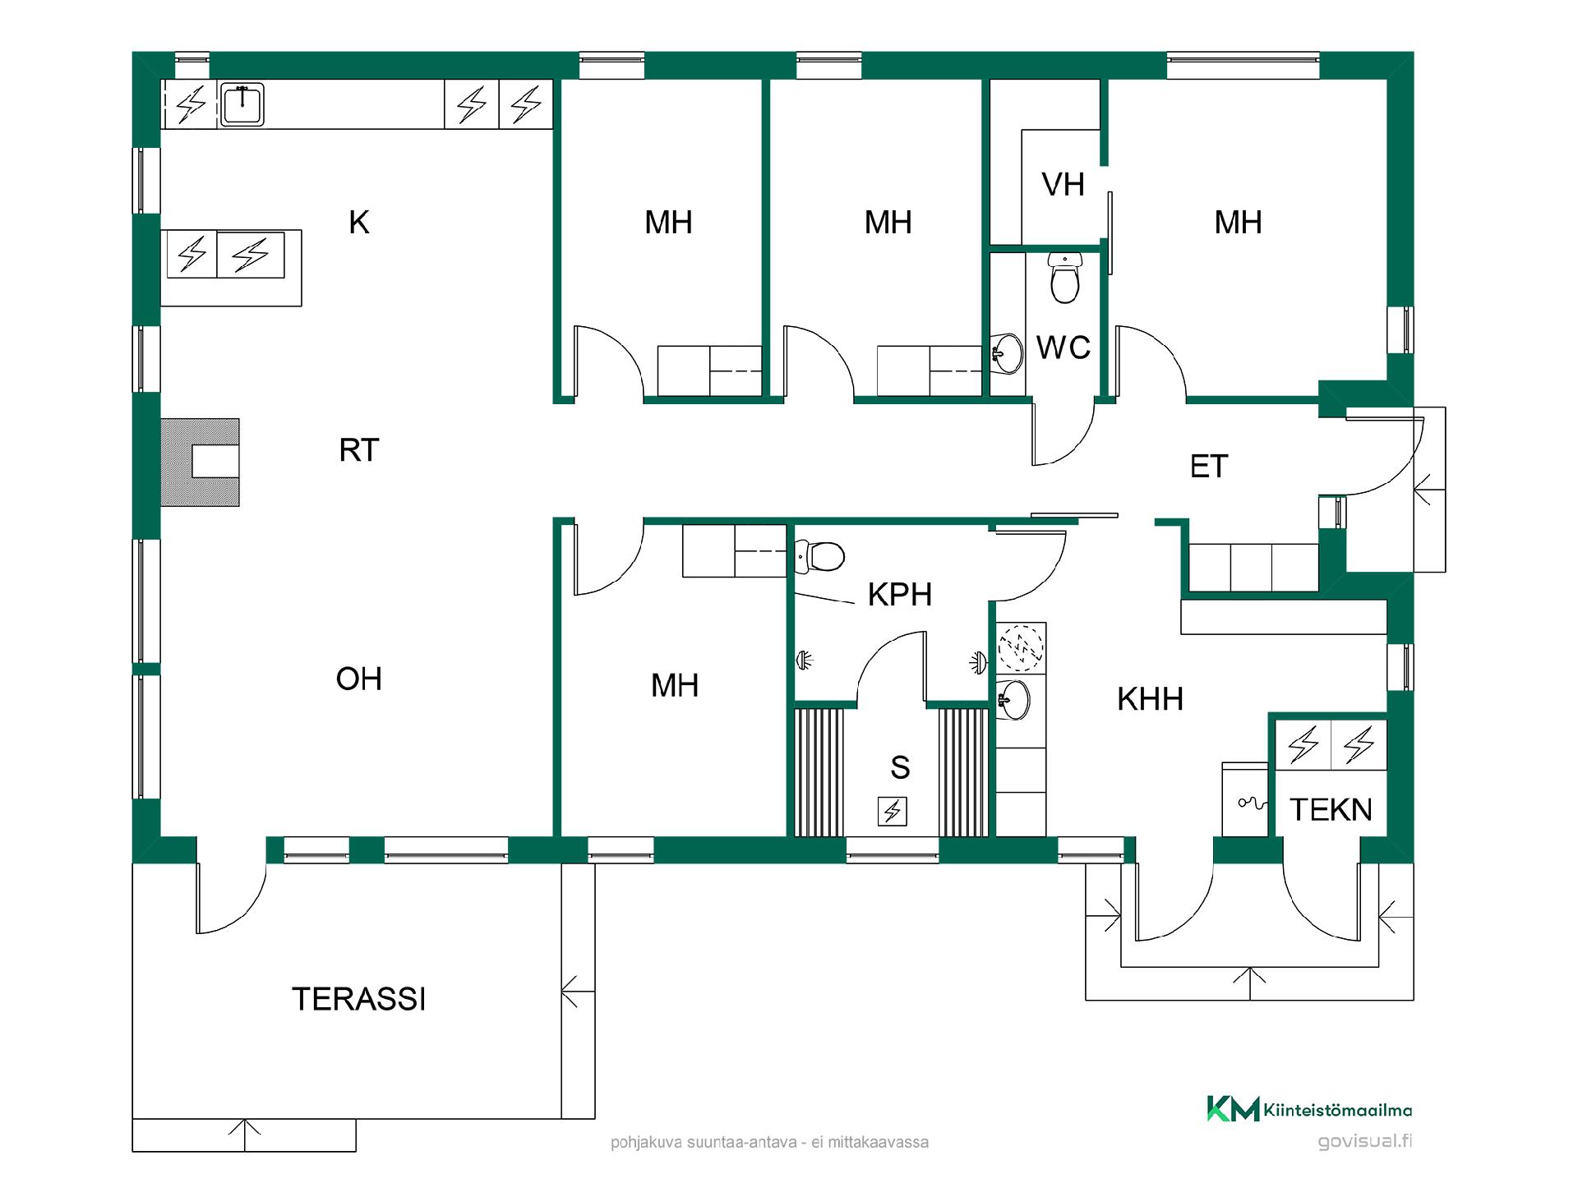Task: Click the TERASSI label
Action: [359, 999]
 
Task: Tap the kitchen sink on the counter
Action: [242, 104]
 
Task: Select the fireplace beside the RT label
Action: [200, 463]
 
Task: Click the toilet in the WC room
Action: [1065, 277]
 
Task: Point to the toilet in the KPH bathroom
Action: [819, 556]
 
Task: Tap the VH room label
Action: [1063, 185]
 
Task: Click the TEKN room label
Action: [1331, 810]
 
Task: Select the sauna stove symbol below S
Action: [893, 812]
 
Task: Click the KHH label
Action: [1150, 699]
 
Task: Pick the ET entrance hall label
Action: [1208, 467]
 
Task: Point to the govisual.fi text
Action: [1364, 1141]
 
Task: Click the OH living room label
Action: [359, 679]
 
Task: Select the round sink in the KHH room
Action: [1013, 699]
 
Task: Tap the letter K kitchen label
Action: [358, 223]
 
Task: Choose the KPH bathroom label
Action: [900, 595]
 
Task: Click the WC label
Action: [1064, 348]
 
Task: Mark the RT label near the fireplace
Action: [359, 450]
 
